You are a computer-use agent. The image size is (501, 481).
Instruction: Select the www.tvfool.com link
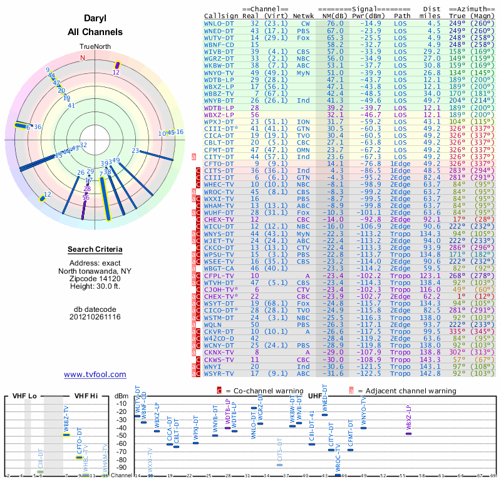pos(95,375)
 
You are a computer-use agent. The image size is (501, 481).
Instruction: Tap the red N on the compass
pos(81,58)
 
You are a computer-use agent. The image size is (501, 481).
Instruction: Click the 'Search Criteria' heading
pos(95,249)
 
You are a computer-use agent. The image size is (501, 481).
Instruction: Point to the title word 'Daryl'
pos(95,19)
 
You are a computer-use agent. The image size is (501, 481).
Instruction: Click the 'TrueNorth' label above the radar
pos(95,47)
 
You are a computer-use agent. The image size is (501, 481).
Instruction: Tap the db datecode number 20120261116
pos(95,317)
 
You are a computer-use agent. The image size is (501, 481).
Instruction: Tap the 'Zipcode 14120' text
pos(95,278)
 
